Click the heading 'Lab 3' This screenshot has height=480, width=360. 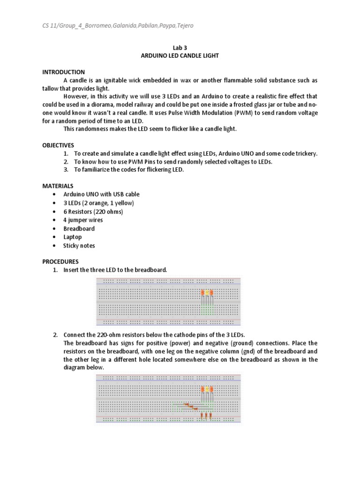tap(180, 47)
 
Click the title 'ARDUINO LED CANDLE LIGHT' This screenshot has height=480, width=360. tap(180, 55)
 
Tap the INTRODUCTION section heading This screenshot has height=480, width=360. tap(63, 72)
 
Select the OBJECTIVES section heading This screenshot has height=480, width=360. tap(58, 145)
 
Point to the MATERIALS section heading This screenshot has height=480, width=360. tap(58, 186)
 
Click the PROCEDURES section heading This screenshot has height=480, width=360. tap(60, 262)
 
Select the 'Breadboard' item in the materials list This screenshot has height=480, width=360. tap(79, 229)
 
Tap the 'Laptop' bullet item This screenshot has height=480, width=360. tap(73, 237)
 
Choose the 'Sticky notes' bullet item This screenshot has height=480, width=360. tap(79, 246)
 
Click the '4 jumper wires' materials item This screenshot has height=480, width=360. tap(83, 220)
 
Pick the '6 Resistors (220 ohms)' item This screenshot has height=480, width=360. tap(93, 211)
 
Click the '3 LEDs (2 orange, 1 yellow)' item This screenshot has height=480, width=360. tap(98, 203)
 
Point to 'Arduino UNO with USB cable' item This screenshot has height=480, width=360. tap(101, 195)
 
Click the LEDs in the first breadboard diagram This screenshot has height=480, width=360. tap(207, 293)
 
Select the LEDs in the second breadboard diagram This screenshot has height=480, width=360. tap(207, 390)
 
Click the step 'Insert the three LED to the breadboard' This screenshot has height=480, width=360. tap(115, 270)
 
